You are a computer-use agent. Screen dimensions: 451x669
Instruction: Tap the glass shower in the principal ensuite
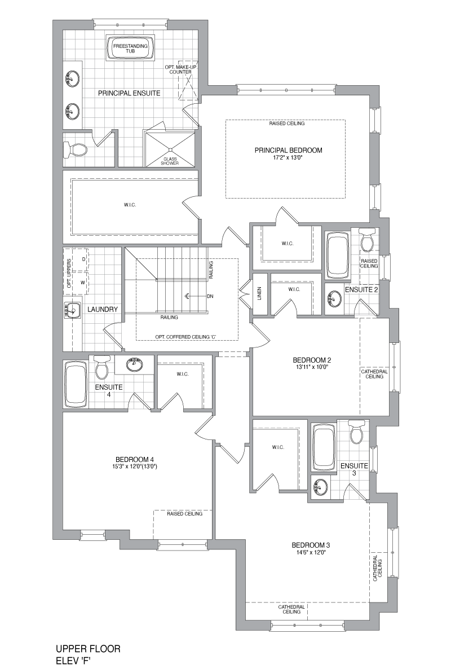tap(170, 149)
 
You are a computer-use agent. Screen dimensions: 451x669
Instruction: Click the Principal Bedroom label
tap(288, 150)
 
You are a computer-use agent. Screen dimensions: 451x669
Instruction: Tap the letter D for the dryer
tap(83, 259)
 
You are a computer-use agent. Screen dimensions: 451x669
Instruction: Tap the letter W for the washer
tap(83, 282)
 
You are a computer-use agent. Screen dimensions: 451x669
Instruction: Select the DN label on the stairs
tap(210, 296)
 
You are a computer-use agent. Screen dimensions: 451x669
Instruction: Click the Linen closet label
tap(259, 293)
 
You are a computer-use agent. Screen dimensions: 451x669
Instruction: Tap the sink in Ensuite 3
tap(320, 486)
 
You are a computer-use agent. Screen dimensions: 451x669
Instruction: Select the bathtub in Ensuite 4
tap(76, 384)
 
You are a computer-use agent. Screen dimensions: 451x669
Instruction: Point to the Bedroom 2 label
tap(312, 360)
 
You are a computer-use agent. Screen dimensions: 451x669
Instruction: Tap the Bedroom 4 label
tap(135, 459)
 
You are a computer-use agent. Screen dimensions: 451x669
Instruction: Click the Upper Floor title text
tap(89, 649)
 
